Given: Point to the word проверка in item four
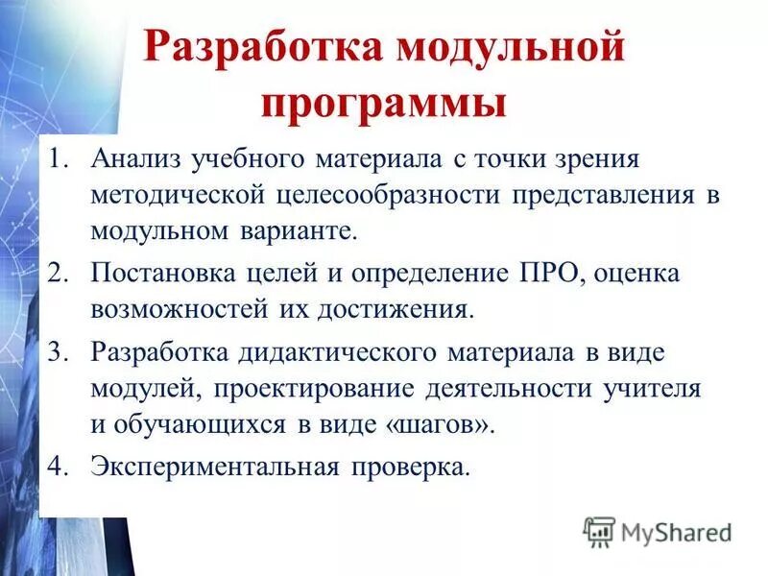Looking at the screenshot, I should (x=413, y=468).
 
